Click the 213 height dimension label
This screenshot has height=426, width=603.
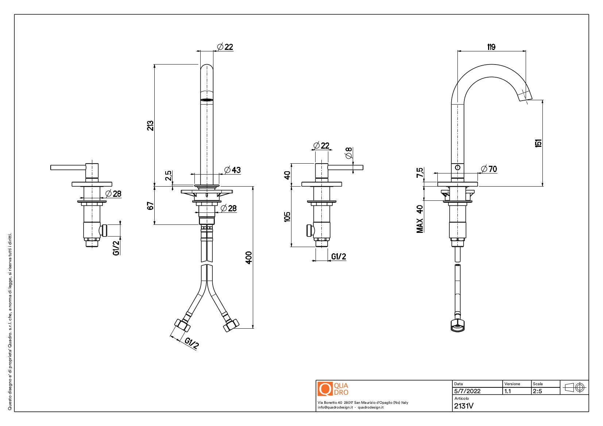tap(150, 126)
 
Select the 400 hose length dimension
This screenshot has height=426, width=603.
tap(249, 257)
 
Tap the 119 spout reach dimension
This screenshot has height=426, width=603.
tap(491, 47)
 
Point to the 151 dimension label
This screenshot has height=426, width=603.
tap(538, 143)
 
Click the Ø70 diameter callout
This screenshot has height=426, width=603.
tap(489, 169)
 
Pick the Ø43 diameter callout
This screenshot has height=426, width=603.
tap(232, 170)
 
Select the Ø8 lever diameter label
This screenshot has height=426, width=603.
tap(349, 153)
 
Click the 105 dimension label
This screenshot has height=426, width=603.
tap(287, 216)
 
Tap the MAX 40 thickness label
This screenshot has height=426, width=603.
tap(420, 219)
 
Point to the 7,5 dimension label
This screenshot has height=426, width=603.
tap(420, 172)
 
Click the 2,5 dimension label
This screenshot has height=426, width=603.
tap(168, 175)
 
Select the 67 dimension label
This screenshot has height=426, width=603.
tap(150, 206)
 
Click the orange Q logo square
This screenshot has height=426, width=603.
tap(325, 389)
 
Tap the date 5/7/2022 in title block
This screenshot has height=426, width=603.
tap(467, 391)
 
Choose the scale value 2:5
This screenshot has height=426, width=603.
tap(537, 391)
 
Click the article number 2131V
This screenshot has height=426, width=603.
tap(464, 406)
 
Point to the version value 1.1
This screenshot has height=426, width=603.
tap(507, 391)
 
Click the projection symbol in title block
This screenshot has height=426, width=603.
tap(575, 387)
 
